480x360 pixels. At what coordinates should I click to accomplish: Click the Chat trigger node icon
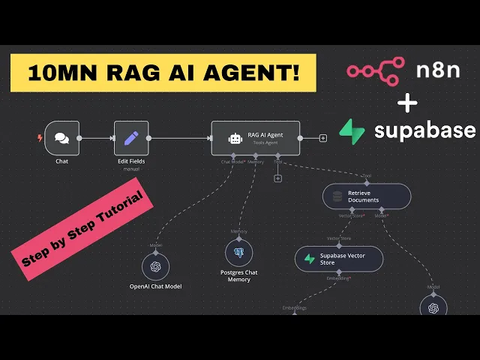61,138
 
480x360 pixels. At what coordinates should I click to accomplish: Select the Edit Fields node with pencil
131,138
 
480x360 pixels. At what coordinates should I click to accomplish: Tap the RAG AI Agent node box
255,138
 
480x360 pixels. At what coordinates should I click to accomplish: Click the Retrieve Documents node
367,196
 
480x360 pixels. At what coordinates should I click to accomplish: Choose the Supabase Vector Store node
339,259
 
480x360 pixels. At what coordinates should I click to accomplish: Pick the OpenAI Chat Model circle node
155,266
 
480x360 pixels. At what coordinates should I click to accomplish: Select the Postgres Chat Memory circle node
238,253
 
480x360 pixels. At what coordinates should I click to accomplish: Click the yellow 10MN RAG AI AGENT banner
163,73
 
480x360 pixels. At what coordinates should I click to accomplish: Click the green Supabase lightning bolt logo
352,130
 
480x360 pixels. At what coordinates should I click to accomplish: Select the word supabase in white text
424,130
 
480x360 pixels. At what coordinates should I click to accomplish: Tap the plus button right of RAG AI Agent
323,138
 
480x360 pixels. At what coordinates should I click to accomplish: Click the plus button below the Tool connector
277,178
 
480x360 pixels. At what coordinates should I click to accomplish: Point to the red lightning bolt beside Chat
40,138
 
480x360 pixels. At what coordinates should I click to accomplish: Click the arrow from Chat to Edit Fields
96,138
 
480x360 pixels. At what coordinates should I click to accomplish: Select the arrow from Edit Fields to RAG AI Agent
180,138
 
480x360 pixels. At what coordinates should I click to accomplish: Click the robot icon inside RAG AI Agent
235,138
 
